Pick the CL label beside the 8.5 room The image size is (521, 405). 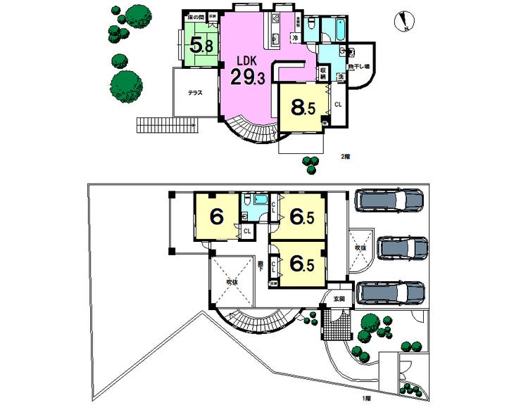click(338, 105)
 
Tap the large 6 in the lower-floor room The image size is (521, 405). click(217, 217)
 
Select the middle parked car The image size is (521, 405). click(402, 247)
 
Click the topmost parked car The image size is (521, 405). click(388, 200)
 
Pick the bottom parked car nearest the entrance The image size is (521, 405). click(390, 292)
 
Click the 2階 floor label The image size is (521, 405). click(345, 156)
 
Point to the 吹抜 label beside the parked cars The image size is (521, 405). click(360, 247)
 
